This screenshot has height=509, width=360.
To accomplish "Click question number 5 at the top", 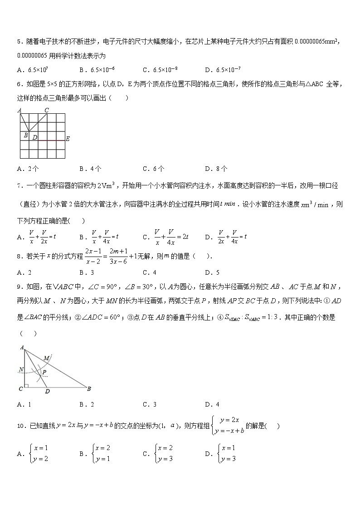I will pyautogui.click(x=19, y=42).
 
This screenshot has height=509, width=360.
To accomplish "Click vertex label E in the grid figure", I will pyautogui.click(x=68, y=139).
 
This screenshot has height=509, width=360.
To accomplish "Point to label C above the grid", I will pyautogui.click(x=46, y=110).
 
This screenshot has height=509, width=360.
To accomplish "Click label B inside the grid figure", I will pyautogui.click(x=26, y=135).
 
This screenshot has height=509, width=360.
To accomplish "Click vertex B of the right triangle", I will pyautogui.click(x=89, y=388).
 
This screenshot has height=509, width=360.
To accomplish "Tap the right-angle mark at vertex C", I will pyautogui.click(x=27, y=386).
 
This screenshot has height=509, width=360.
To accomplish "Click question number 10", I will pyautogui.click(x=20, y=426).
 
